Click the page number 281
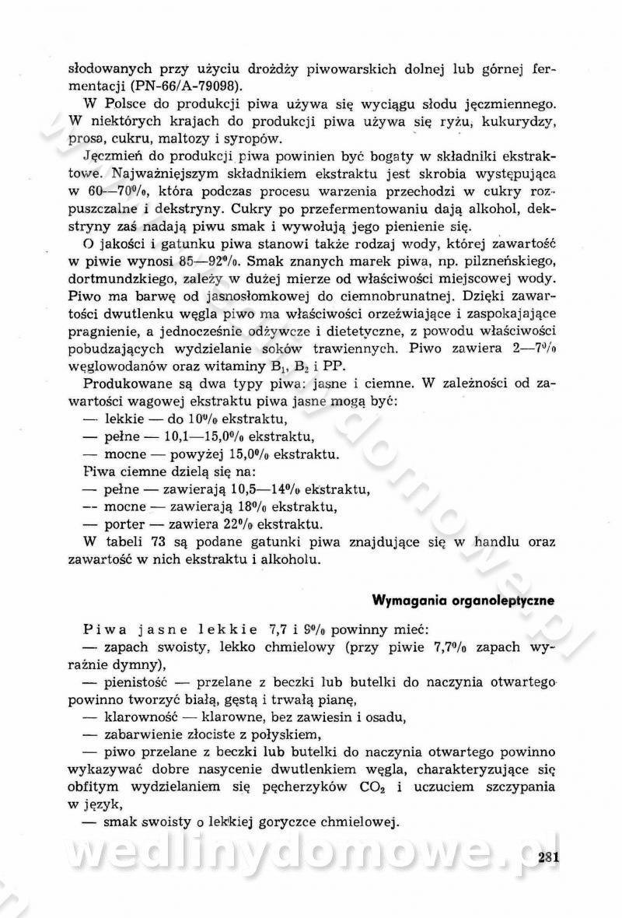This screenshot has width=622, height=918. [x=549, y=857]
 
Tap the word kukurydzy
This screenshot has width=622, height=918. [x=525, y=121]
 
